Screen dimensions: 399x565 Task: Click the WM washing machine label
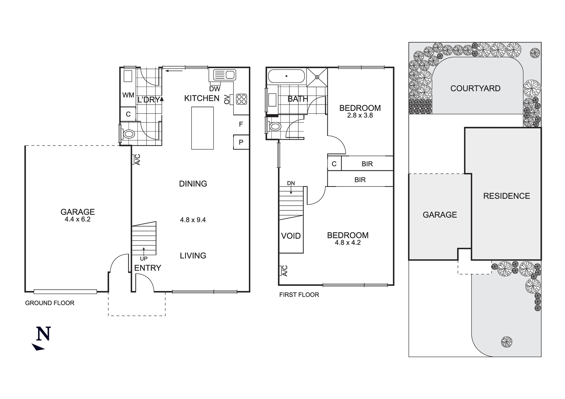[x=128, y=95]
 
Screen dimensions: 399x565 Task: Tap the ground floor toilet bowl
[x=129, y=134]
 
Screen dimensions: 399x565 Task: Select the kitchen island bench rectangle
[x=202, y=128]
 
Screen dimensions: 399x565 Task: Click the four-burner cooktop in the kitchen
[x=242, y=99]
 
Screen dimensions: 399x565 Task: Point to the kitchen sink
[x=225, y=75]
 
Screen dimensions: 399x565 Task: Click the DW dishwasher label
[x=215, y=89]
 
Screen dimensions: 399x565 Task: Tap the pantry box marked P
[x=241, y=142]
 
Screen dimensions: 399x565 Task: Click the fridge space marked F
[x=241, y=124]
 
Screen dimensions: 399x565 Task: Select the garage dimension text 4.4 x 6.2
[x=78, y=219]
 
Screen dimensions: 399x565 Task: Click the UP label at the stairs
[x=144, y=259]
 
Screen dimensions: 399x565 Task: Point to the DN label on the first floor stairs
[x=291, y=183]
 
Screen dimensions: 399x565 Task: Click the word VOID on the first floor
[x=291, y=236]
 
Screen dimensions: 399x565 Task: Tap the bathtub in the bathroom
[x=286, y=76]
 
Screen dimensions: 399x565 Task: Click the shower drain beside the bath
[x=317, y=77]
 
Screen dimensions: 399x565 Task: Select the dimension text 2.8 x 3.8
[x=360, y=115]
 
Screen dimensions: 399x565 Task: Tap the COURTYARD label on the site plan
[x=475, y=88]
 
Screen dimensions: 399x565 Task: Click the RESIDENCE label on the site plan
[x=507, y=196]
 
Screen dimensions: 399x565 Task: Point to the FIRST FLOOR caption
[x=299, y=295]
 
